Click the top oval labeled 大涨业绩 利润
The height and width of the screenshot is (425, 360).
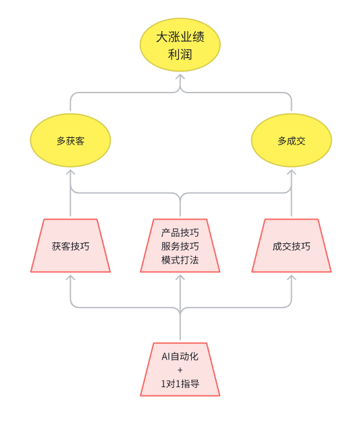tap(180, 45)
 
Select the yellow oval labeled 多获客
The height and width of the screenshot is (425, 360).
tap(70, 140)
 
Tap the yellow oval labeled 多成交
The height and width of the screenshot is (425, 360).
tap(292, 140)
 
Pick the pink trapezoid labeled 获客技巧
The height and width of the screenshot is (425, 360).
tap(70, 245)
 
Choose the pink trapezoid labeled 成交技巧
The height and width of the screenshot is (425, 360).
tap(292, 245)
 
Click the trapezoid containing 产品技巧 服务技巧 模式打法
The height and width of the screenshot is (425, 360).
tap(180, 245)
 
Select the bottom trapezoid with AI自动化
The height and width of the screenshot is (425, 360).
tap(180, 370)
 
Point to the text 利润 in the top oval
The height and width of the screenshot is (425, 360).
tap(180, 55)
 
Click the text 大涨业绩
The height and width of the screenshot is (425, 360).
tap(180, 37)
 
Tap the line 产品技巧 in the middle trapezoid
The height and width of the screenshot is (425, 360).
tap(180, 232)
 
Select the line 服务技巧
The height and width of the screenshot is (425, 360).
tap(180, 246)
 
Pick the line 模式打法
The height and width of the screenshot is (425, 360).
tap(180, 260)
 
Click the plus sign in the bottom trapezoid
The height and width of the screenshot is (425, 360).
tap(180, 370)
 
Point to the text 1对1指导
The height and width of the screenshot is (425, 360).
tap(180, 384)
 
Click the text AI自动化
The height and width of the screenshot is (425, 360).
tap(180, 356)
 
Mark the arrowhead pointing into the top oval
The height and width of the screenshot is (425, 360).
tap(180, 76)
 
